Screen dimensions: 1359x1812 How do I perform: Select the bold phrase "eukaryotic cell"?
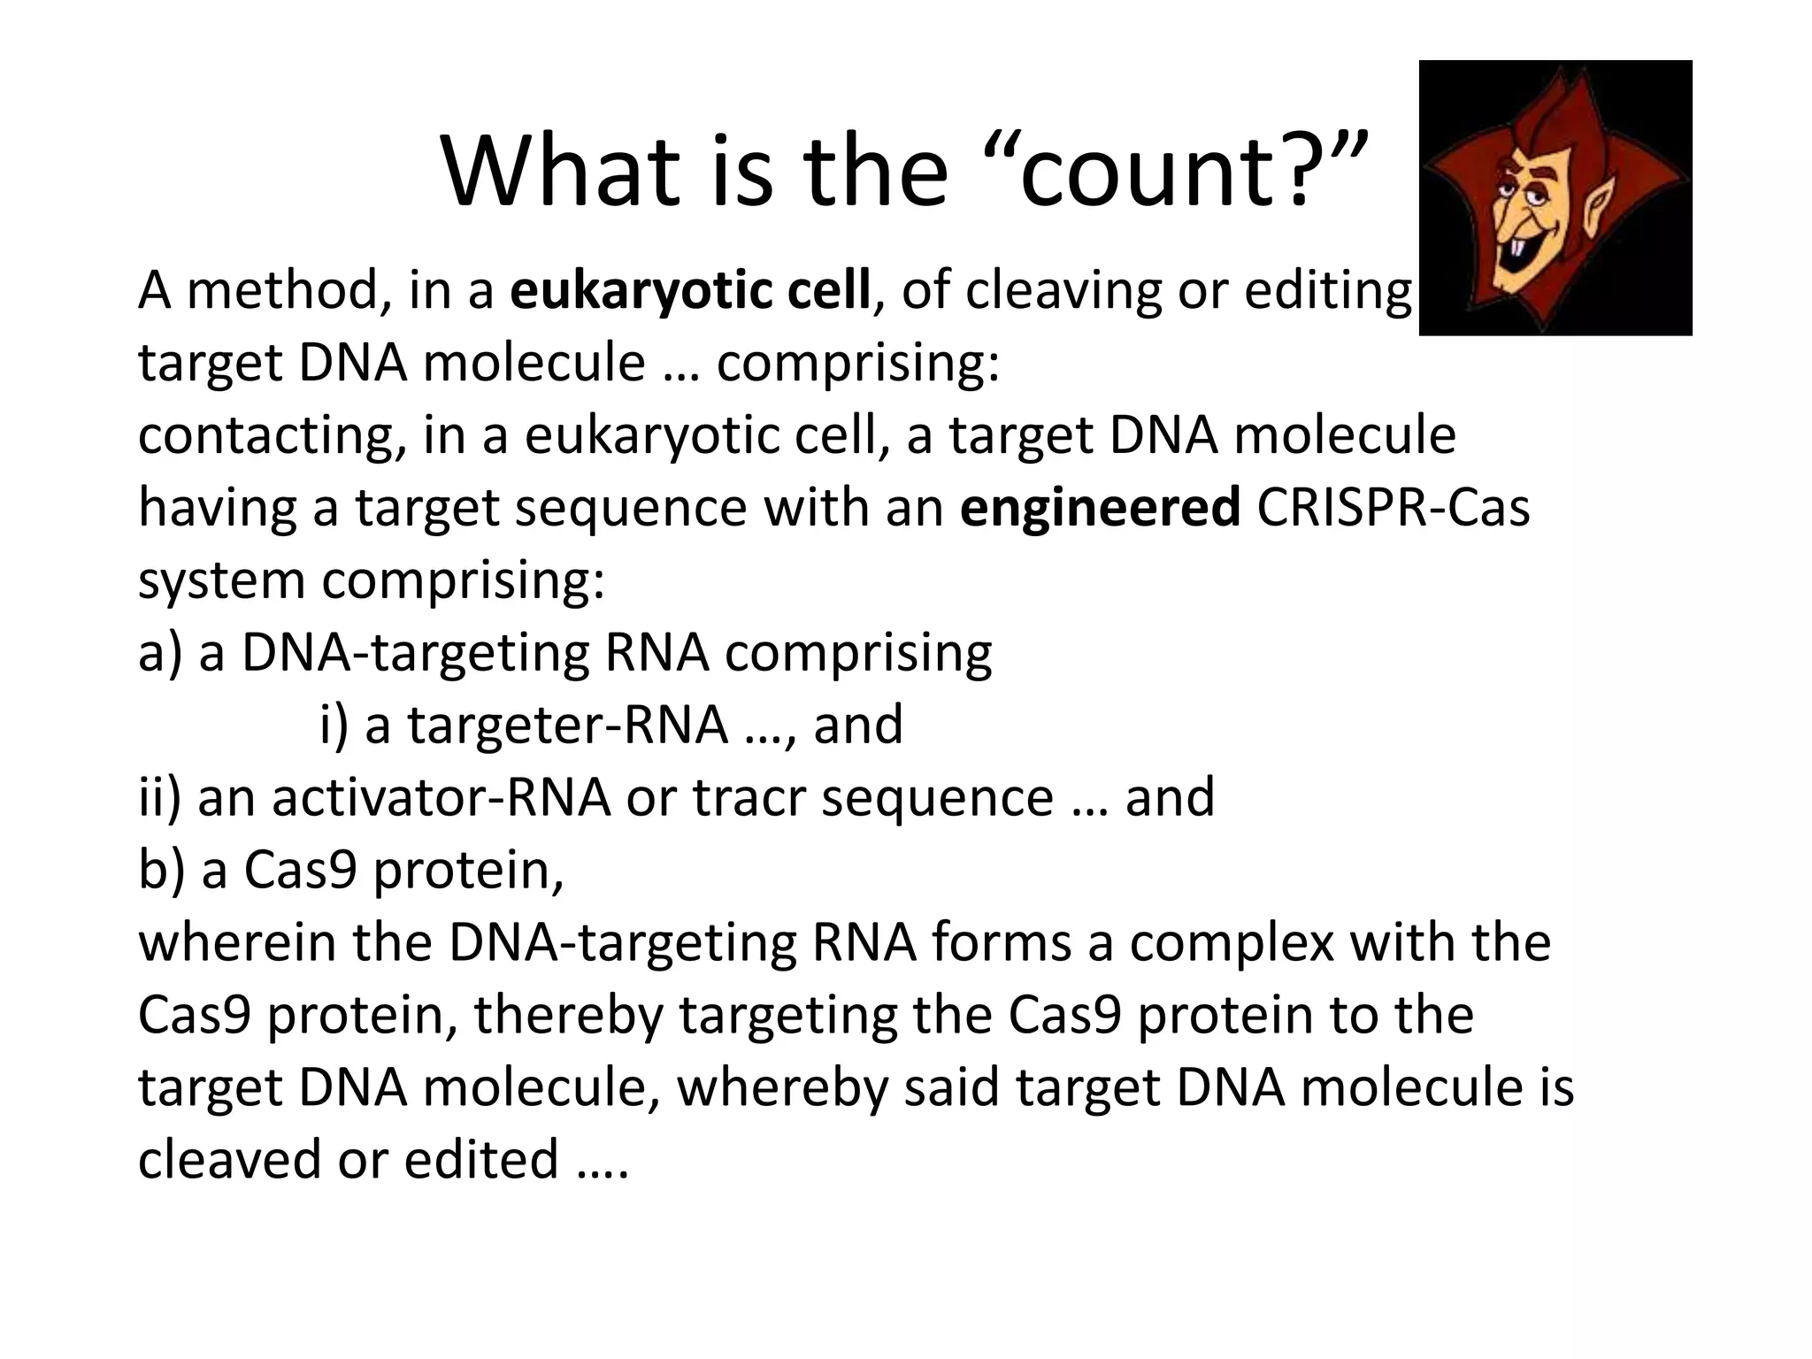[690, 290]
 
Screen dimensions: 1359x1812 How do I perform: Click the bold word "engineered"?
[1100, 508]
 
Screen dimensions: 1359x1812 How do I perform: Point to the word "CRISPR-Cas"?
[1393, 508]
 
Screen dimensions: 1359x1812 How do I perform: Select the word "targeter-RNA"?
[567, 726]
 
